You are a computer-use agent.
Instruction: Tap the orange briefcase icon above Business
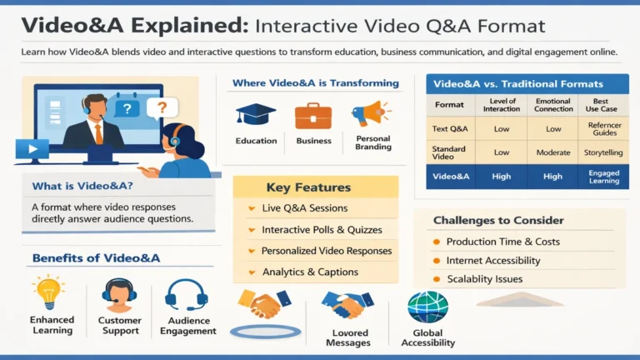click(x=312, y=114)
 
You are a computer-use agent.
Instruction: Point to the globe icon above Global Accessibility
click(x=427, y=307)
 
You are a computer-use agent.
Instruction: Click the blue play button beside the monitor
click(x=31, y=150)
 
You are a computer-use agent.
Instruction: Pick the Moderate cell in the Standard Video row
click(x=553, y=152)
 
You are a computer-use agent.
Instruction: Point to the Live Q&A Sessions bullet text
click(x=304, y=207)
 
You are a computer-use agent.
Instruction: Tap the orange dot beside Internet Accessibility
click(x=436, y=261)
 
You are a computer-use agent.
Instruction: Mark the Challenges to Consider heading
click(x=497, y=221)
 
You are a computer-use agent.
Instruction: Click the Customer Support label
click(x=119, y=325)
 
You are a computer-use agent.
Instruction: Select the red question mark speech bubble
click(x=162, y=107)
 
